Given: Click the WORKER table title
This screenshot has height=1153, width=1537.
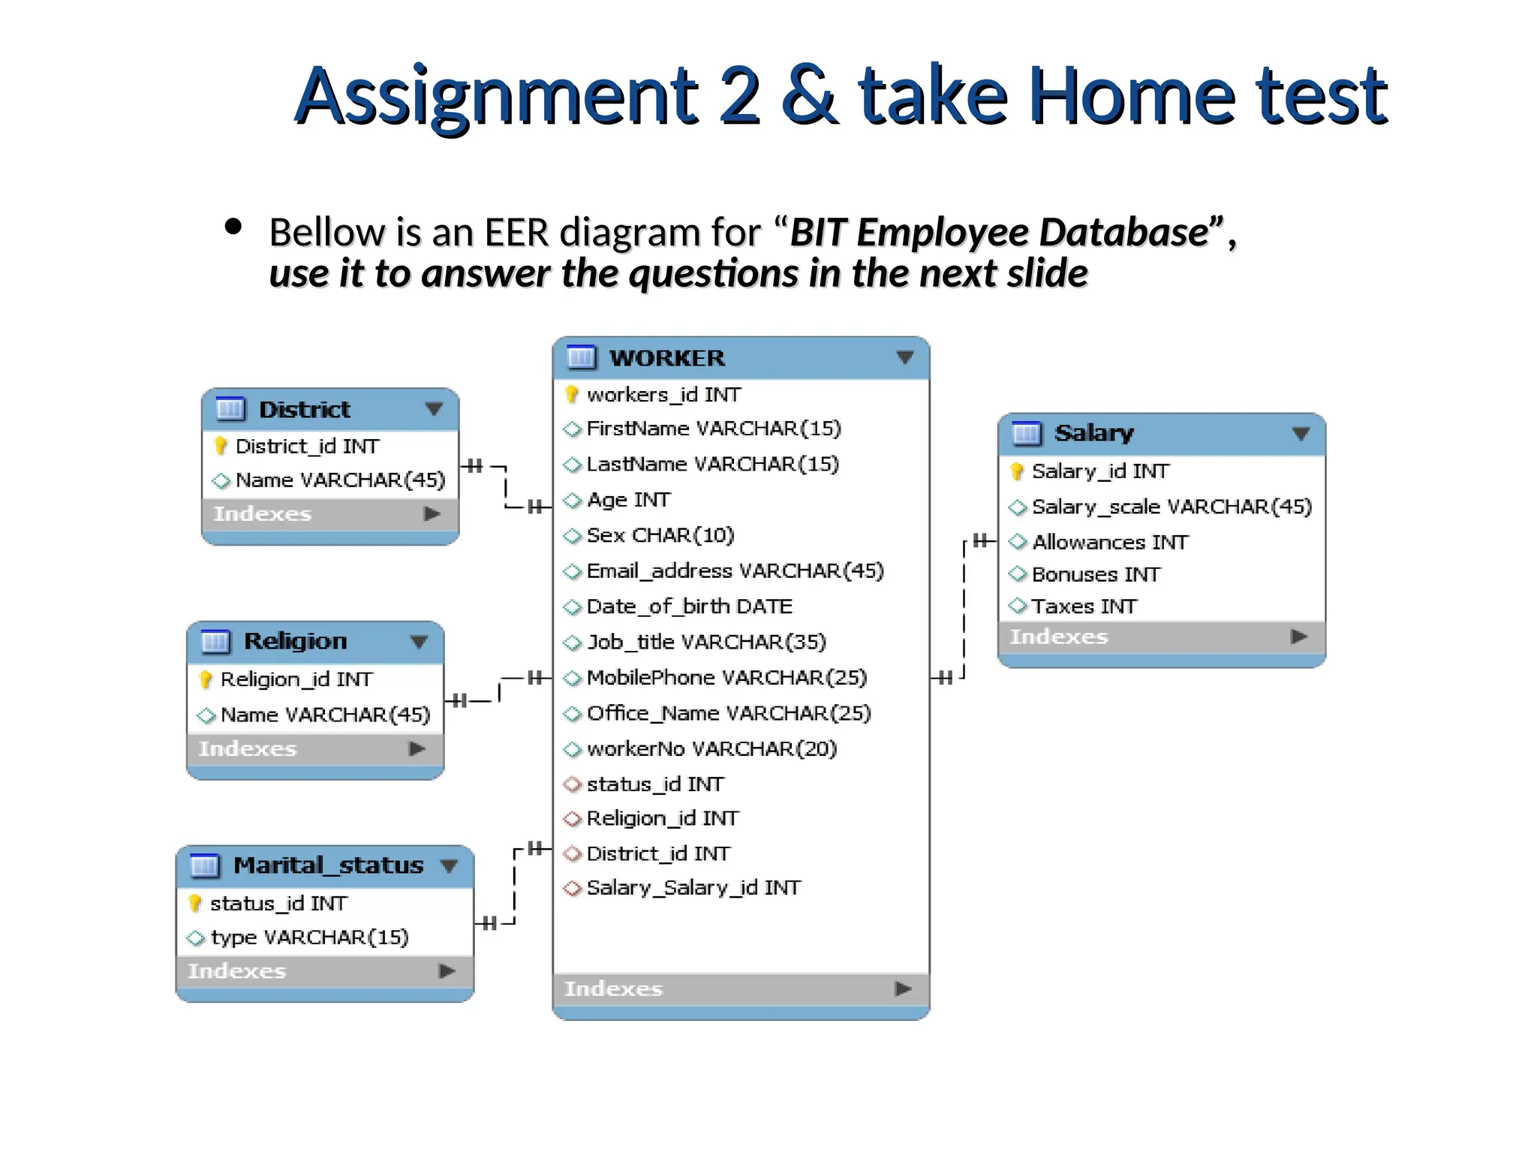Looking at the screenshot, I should coord(666,358).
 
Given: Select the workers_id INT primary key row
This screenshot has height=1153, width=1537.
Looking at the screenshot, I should coord(663,394).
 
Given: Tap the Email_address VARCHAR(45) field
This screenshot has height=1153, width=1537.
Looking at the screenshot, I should coord(735,571).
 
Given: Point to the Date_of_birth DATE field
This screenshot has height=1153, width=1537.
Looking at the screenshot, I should coord(689,607).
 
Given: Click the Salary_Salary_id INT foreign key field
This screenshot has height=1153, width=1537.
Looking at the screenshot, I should coord(693,888).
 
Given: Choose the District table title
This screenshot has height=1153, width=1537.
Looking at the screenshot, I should coord(304,410).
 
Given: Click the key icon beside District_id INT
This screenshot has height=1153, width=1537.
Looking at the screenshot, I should coord(221,447).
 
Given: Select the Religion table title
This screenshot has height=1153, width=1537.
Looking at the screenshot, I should coord(295,641).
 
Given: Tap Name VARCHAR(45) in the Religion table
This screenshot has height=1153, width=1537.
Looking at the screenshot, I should coord(325,715).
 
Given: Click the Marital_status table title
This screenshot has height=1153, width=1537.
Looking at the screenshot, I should coord(328,866).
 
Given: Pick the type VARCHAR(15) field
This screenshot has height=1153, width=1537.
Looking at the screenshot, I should coord(309,938).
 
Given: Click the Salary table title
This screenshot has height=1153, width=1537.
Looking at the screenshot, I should coord(1093,433).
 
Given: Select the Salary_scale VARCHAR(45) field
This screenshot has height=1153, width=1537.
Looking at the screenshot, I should coord(1172,507).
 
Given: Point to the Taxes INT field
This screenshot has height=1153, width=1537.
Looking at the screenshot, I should coord(1084,607).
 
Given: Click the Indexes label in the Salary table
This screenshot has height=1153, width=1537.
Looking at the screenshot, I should coord(1058,637).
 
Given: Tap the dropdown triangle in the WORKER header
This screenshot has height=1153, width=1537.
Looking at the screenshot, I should coord(905,358).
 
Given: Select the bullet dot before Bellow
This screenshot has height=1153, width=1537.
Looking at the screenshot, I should coord(233,227).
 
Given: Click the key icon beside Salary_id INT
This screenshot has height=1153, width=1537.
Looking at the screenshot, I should coord(1017,471).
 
